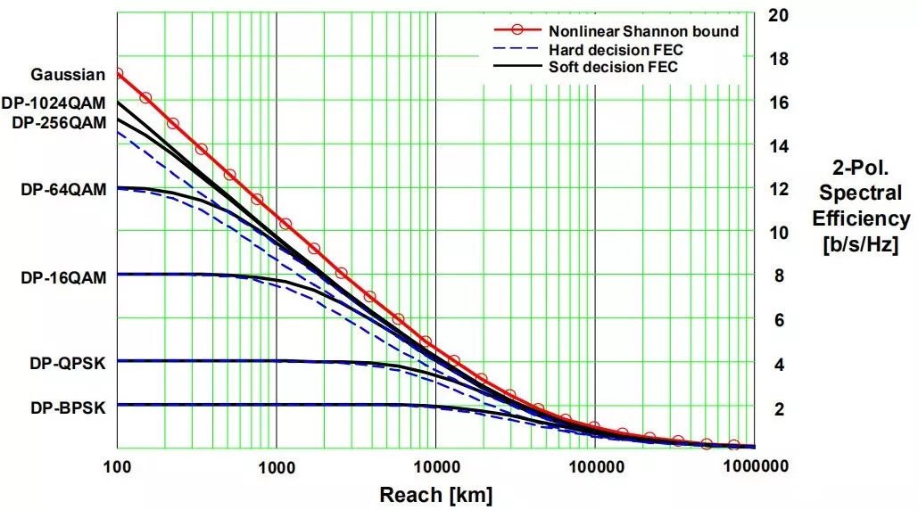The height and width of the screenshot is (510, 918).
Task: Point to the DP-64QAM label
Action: pos(63,189)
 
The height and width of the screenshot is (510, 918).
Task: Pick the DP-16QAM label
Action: pos(63,277)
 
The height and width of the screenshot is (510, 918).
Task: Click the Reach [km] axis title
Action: pos(435,494)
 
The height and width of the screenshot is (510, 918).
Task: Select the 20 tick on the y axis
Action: pos(778,15)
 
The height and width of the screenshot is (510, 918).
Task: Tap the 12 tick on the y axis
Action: pos(778,189)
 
